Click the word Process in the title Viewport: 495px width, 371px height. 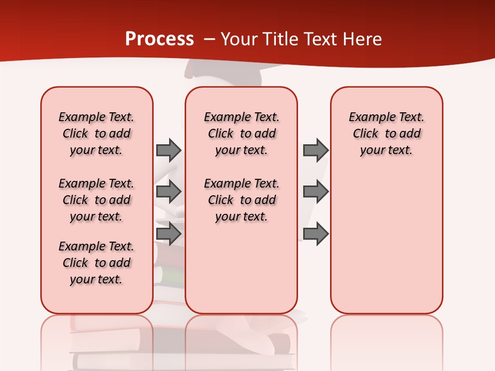tap(159, 39)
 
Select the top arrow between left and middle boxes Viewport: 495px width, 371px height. tap(169, 150)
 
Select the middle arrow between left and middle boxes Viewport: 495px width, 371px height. tap(169, 192)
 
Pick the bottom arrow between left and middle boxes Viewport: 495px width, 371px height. tap(169, 233)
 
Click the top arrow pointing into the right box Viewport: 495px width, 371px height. tap(316, 150)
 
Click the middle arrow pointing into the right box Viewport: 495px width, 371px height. tap(316, 192)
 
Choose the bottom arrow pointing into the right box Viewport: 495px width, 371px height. tap(316, 233)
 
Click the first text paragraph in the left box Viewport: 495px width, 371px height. tap(96, 133)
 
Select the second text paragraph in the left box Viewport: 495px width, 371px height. tap(96, 200)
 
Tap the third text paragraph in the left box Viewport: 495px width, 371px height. tap(96, 263)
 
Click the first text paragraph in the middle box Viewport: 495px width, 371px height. tap(242, 133)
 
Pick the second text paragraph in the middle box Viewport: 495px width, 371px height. tap(242, 200)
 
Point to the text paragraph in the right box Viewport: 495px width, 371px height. tap(387, 133)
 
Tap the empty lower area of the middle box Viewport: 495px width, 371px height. tap(241, 268)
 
